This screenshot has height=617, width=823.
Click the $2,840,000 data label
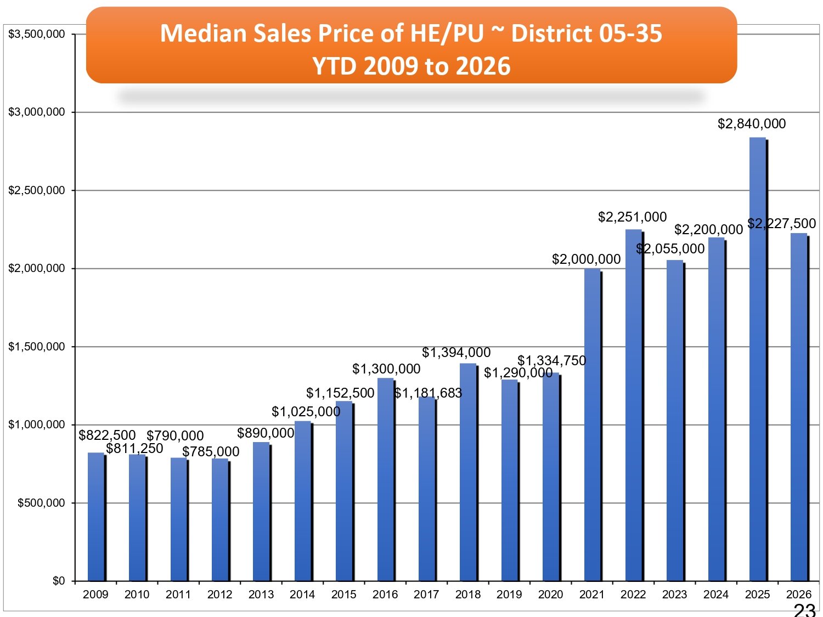click(x=752, y=124)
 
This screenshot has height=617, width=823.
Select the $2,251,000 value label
click(x=632, y=217)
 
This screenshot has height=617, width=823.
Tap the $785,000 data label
click(x=211, y=451)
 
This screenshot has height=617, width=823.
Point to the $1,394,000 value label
click(x=456, y=352)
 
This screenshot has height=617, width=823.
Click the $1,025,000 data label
click(x=306, y=411)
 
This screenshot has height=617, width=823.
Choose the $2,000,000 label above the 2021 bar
click(x=586, y=259)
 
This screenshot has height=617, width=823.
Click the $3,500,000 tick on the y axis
click(x=37, y=34)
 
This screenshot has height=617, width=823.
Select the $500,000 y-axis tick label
click(x=41, y=503)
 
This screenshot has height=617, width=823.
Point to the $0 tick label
click(x=59, y=581)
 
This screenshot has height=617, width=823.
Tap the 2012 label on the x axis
click(x=219, y=595)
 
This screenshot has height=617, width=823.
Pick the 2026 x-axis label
click(x=798, y=595)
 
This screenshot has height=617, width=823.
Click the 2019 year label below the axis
click(x=509, y=595)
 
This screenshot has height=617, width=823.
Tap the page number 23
click(x=804, y=610)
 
